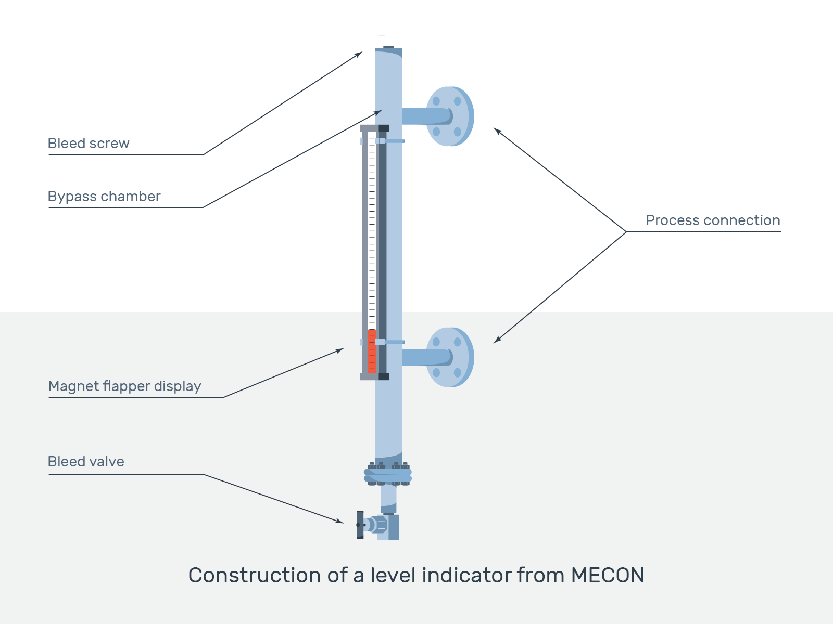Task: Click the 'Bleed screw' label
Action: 89,144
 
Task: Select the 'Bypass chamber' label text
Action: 104,197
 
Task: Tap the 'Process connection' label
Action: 712,220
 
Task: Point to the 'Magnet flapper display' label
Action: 124,386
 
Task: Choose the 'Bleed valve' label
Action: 86,462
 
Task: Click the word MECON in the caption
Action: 608,575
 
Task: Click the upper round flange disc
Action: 449,116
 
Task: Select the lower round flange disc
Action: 449,357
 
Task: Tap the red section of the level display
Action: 371,351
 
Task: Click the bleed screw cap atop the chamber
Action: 388,47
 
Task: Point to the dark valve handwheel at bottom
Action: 360,525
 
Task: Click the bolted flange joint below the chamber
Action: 388,474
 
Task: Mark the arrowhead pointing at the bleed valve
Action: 340,521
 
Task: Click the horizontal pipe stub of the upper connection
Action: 419,116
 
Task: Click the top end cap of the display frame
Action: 374,128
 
